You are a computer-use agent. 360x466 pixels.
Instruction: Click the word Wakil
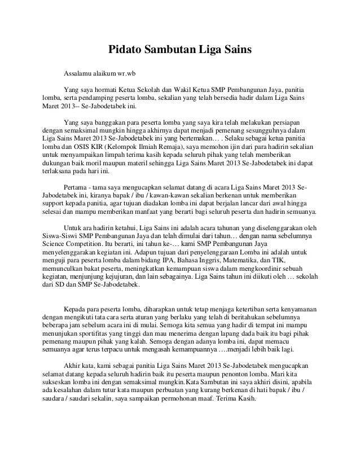[186, 89]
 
